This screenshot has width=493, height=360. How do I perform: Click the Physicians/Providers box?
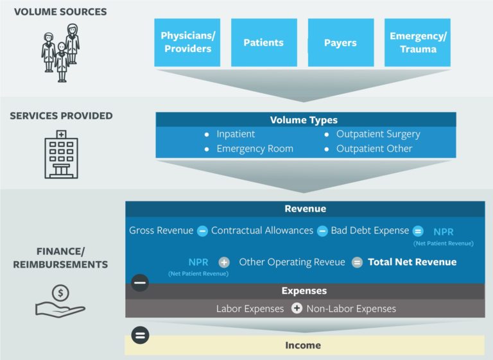(187, 42)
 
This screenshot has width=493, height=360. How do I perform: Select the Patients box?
(263, 42)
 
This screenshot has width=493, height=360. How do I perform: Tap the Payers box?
(340, 42)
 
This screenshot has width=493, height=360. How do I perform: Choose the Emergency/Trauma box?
(417, 42)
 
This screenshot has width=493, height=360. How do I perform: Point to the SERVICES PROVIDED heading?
(61, 116)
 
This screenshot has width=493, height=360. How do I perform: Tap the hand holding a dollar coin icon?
(60, 301)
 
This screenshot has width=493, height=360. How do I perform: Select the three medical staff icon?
(61, 53)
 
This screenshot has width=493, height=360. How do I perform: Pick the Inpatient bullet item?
(235, 134)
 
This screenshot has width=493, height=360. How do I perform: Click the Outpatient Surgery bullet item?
(377, 134)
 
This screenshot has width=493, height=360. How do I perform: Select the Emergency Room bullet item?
(254, 148)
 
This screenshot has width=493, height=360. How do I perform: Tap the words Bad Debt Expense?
(370, 230)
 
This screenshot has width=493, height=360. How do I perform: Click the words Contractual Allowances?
(262, 230)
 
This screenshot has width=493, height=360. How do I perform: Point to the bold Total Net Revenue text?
(412, 262)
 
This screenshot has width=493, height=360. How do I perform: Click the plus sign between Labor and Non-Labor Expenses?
(297, 309)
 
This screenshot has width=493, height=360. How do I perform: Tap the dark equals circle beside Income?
(140, 335)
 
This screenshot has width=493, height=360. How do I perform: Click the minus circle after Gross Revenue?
(202, 231)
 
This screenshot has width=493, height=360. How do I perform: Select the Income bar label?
(303, 345)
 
